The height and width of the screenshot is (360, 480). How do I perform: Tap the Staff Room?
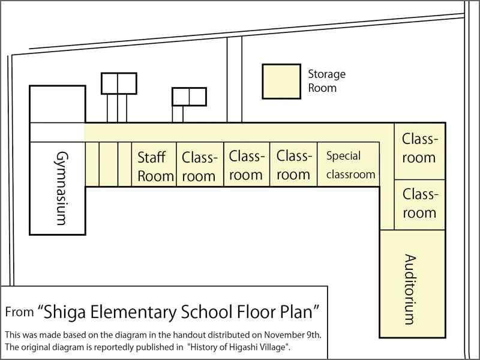pyautogui.click(x=154, y=164)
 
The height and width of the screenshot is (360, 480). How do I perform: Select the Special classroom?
pyautogui.click(x=349, y=164)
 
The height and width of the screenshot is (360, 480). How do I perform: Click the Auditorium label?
pyautogui.click(x=410, y=289)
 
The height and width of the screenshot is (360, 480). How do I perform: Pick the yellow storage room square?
pyautogui.click(x=281, y=82)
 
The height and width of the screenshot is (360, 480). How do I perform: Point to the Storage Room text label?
pyautogui.click(x=326, y=81)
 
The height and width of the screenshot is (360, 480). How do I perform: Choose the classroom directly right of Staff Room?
pyautogui.click(x=200, y=164)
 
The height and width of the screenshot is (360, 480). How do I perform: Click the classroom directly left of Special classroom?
pyautogui.click(x=293, y=164)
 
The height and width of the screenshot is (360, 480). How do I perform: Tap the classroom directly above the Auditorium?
pyautogui.click(x=419, y=205)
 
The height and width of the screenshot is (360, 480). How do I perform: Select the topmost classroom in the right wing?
pyautogui.click(x=419, y=151)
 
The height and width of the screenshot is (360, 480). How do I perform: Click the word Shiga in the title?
pyautogui.click(x=64, y=312)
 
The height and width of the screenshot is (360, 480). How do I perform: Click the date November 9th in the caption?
pyautogui.click(x=293, y=335)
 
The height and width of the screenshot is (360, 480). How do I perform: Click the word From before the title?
pyautogui.click(x=19, y=312)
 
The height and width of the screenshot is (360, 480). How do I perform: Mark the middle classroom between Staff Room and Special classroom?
pyautogui.click(x=247, y=164)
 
